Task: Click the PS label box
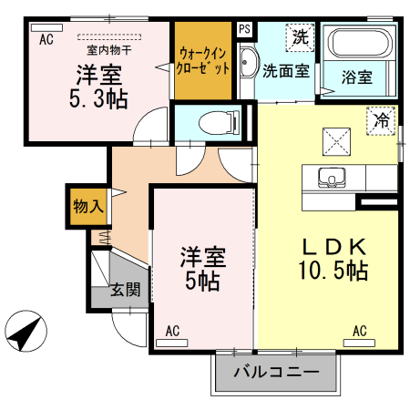(x=244, y=29)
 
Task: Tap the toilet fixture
(x=220, y=123)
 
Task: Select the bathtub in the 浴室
(x=360, y=43)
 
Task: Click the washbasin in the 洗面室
(x=249, y=63)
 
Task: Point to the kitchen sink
(x=332, y=178)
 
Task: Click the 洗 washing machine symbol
(x=300, y=37)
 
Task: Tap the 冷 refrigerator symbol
(x=381, y=120)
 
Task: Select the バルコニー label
(x=276, y=372)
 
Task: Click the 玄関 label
(x=126, y=290)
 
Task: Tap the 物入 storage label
(x=88, y=207)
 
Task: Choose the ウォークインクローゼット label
(x=203, y=60)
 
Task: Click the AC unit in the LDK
(x=359, y=343)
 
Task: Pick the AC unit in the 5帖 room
(x=172, y=343)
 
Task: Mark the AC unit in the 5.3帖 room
(x=46, y=27)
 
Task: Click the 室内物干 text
(x=108, y=49)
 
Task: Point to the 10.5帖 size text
(x=333, y=271)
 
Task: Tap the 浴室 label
(x=357, y=77)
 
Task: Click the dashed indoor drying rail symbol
(x=109, y=36)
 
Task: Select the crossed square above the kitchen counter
(x=336, y=142)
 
